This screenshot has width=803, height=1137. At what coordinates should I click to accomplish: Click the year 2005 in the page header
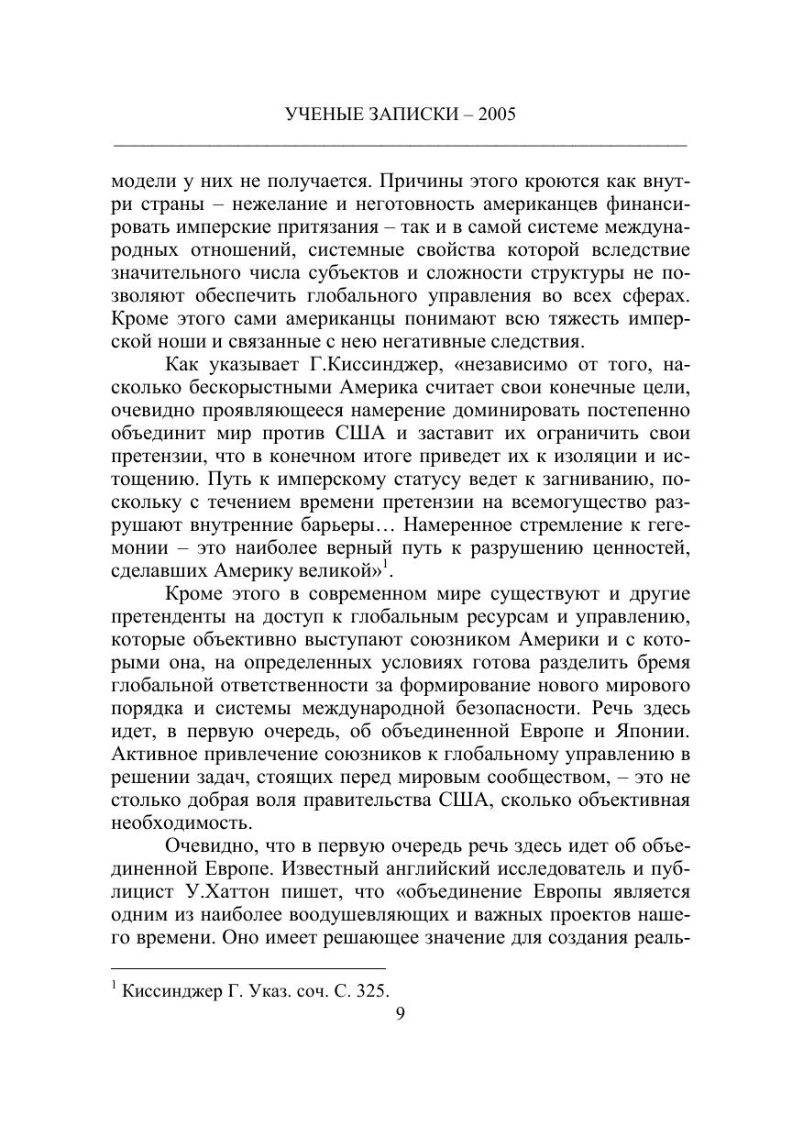click(496, 115)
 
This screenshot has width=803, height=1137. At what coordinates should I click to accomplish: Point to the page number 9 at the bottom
click(400, 1012)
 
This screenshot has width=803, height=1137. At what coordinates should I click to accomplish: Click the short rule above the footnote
click(247, 968)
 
